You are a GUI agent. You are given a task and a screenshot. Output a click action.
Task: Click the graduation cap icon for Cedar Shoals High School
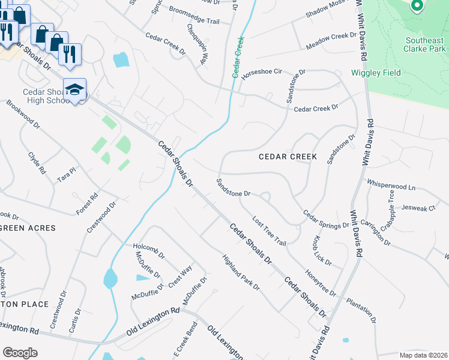74,90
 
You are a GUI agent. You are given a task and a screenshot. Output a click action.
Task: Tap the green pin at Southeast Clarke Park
417,6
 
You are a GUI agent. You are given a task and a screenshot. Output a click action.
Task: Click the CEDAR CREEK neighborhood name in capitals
288,157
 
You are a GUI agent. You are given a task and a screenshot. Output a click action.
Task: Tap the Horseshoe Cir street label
261,74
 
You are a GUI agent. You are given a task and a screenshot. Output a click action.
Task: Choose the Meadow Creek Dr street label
331,42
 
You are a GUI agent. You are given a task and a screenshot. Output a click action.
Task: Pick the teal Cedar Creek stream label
238,57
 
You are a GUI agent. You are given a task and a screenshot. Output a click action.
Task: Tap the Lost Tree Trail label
269,230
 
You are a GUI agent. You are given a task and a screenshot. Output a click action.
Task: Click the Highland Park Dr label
241,273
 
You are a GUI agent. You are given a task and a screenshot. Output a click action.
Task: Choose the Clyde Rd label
37,163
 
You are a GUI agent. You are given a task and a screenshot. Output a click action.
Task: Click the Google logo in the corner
20,352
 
